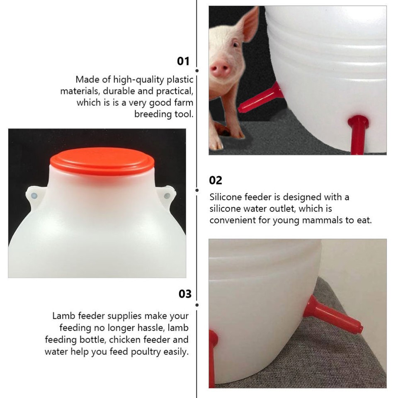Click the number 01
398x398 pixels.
click(183, 61)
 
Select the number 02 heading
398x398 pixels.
click(216, 180)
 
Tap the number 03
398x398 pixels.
click(185, 294)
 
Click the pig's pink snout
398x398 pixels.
click(220, 69)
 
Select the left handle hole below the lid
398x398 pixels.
click(34, 195)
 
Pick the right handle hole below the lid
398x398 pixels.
click(167, 195)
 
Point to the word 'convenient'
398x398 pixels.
click(232, 220)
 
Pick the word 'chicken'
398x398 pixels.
click(125, 340)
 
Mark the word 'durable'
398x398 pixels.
click(120, 91)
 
